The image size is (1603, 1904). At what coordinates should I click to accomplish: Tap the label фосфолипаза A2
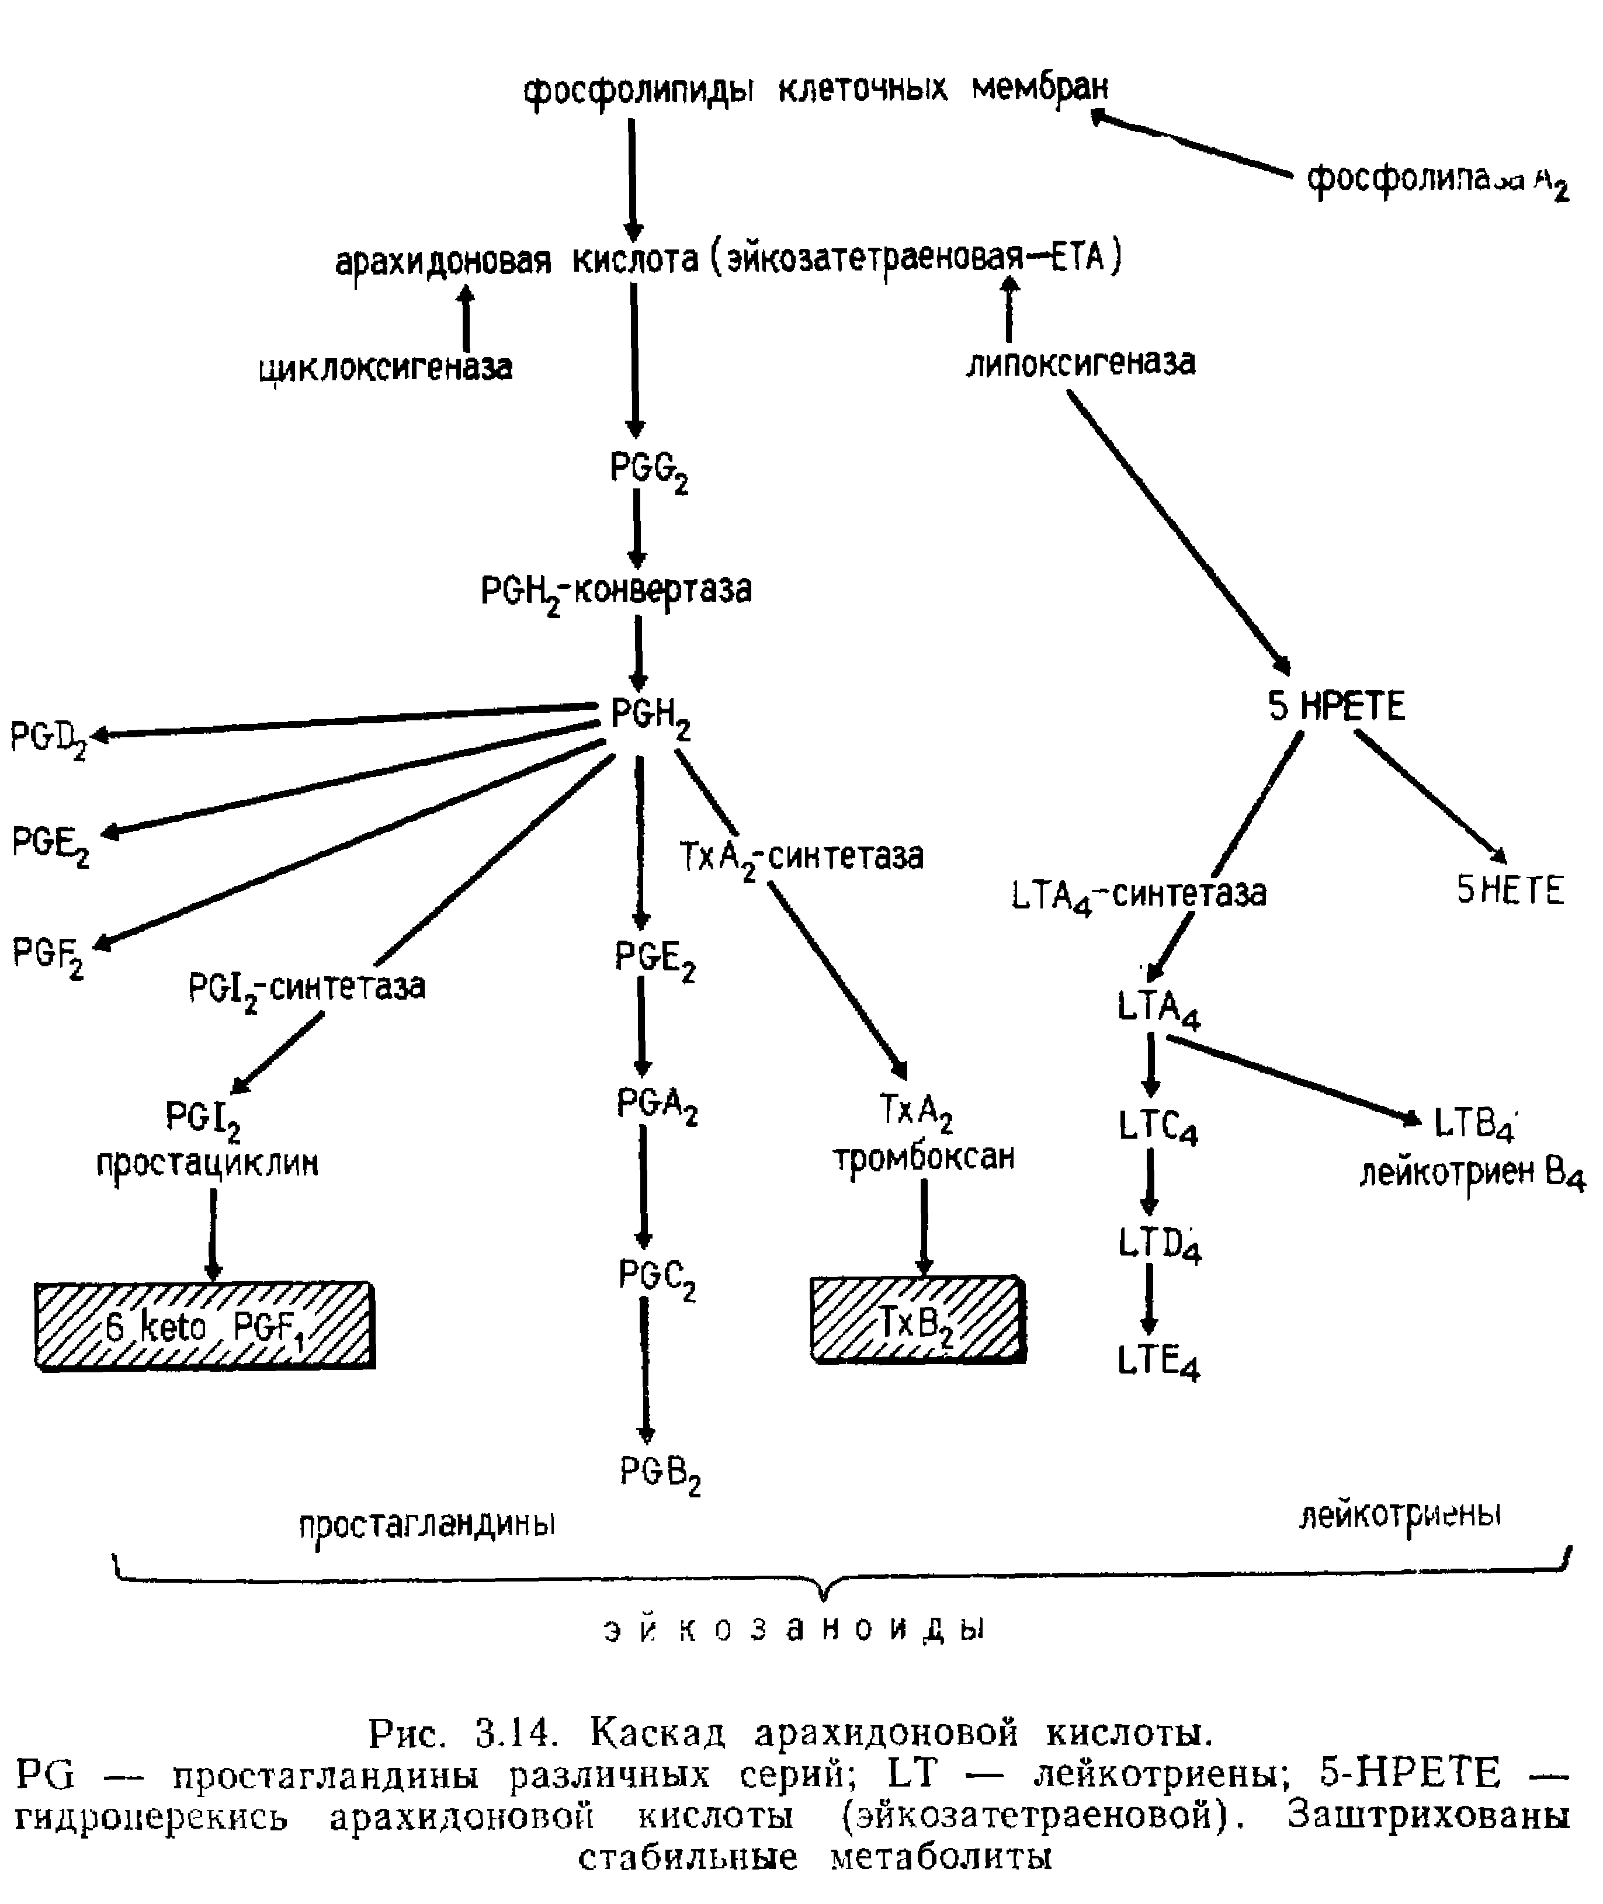(1436, 181)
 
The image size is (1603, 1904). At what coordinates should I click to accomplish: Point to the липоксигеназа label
(1080, 363)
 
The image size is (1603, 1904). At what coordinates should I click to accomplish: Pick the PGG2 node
(648, 471)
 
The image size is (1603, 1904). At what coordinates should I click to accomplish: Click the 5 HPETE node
(1336, 707)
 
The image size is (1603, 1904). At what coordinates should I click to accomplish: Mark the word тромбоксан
(923, 1158)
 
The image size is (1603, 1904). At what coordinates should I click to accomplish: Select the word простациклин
(207, 1164)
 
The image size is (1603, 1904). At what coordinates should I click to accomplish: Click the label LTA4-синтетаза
(1138, 894)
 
